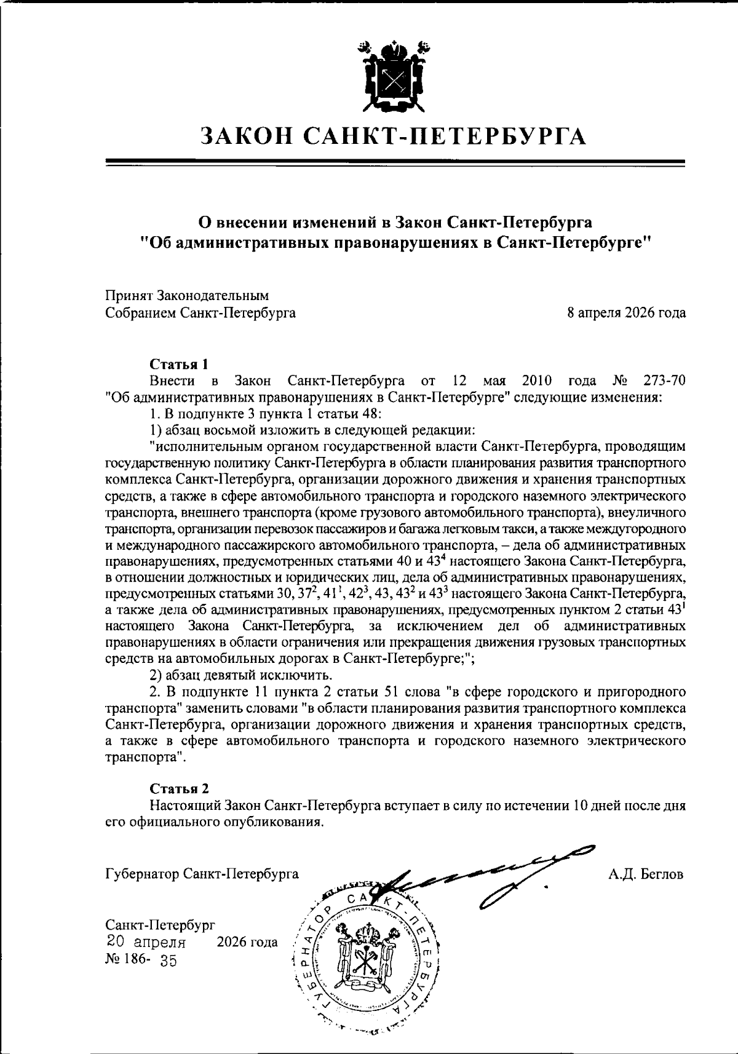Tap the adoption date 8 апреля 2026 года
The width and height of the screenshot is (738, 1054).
(x=627, y=313)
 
